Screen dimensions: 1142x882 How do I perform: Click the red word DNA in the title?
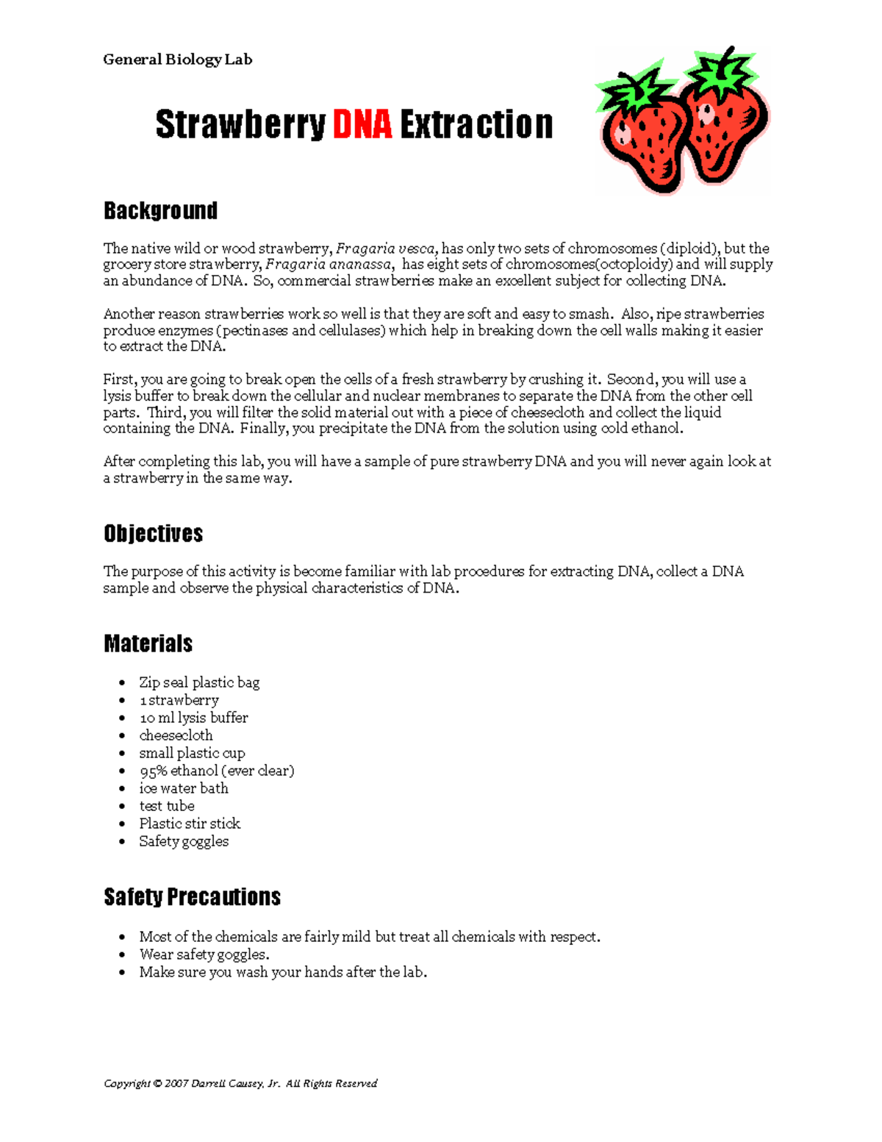coord(362,124)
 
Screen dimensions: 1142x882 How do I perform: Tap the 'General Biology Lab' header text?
coord(177,60)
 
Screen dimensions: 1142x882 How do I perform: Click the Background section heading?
coord(160,211)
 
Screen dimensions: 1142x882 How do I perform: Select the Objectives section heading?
coord(153,533)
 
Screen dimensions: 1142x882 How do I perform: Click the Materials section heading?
coord(148,643)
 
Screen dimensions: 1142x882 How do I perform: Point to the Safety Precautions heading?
coord(192,897)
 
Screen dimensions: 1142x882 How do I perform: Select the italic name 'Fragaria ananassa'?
coord(328,265)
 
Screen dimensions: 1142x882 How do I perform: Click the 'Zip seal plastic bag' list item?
coord(199,682)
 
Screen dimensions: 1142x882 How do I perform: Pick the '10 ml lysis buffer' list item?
coord(193,718)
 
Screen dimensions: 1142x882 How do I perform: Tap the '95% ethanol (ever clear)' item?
coord(217,771)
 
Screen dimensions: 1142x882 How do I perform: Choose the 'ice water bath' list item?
coord(184,788)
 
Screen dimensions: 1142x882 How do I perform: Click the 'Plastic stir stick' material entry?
coord(190,824)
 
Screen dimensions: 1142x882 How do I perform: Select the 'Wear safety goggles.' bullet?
coord(204,954)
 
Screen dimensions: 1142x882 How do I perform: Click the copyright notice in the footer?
coord(240,1083)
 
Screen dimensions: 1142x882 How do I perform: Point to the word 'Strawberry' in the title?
coord(240,124)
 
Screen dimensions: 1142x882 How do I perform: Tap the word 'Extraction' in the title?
coord(476,124)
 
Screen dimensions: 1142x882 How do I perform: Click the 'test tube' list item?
coord(167,806)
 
